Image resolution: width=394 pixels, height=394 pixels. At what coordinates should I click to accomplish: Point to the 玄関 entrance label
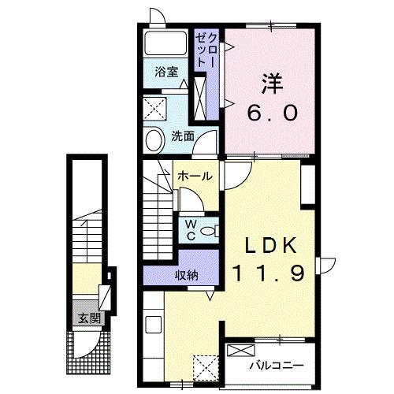point(89,318)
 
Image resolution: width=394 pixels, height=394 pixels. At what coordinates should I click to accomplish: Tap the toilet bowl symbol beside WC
point(207,230)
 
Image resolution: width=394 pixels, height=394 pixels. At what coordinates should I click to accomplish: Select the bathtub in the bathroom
point(168,45)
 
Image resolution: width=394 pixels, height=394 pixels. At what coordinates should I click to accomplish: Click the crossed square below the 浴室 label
point(154,106)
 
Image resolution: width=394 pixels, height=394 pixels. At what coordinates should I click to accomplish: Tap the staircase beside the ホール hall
point(158,210)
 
